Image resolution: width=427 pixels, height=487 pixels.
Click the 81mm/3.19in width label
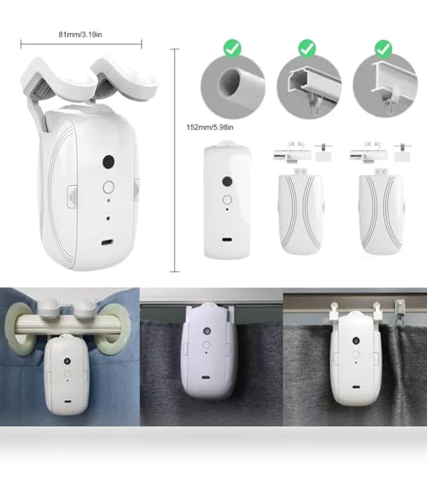pos(80,34)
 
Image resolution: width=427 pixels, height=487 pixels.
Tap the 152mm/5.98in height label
pos(209,127)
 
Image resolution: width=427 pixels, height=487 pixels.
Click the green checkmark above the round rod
pos(232,49)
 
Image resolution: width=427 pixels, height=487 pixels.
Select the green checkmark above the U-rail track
pos(307,48)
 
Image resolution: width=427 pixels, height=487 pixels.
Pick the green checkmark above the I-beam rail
pos(383,49)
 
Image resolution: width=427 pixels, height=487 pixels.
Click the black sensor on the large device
pos(108,161)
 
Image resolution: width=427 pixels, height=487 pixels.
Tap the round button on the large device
pos(108,188)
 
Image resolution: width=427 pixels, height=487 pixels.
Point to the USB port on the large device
pos(107,242)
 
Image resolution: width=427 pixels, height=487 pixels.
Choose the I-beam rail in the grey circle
pos(394,80)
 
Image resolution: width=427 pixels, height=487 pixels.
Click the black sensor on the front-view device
pos(227,182)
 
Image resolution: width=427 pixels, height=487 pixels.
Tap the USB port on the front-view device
pos(226,240)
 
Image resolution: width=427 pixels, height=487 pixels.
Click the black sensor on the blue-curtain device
pos(67,362)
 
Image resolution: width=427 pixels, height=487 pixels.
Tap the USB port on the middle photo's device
pos(206,378)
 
